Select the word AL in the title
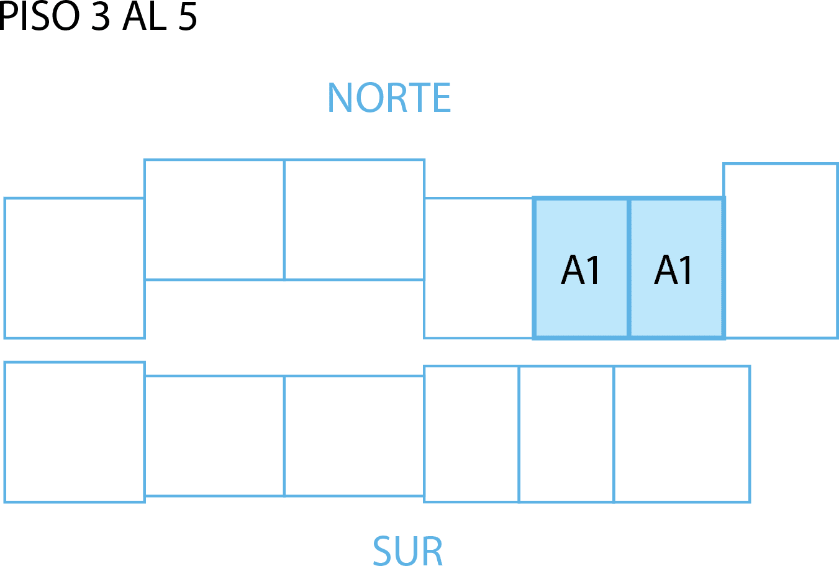[x=145, y=17]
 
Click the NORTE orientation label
[x=389, y=98]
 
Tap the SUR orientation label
[x=408, y=550]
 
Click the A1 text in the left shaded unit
[x=581, y=270]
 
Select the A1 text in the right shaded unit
[x=674, y=270]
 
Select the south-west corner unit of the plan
[x=74, y=432]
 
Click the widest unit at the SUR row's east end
[x=682, y=434]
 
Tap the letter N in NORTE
[x=340, y=98]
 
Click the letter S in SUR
[x=384, y=550]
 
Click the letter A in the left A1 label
[x=573, y=270]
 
